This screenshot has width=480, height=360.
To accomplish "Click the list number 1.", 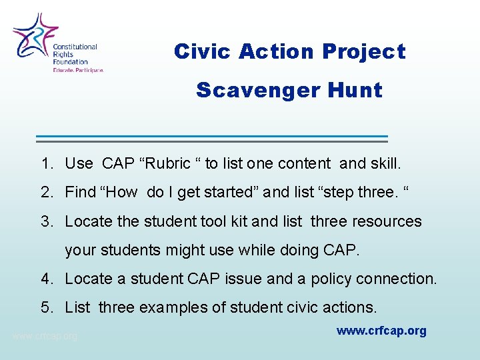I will pyautogui.click(x=45, y=163).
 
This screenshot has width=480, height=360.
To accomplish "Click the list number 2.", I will pyautogui.click(x=45, y=192).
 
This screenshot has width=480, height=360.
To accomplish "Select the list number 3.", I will pyautogui.click(x=45, y=221).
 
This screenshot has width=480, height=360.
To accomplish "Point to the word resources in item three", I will pyautogui.click(x=388, y=221).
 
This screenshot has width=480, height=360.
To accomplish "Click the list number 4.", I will pyautogui.click(x=45, y=279).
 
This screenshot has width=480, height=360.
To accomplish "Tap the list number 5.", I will pyautogui.click(x=45, y=307).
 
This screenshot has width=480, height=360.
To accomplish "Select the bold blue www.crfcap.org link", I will pyautogui.click(x=381, y=331).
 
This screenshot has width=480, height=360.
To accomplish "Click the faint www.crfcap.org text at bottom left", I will pyautogui.click(x=45, y=336).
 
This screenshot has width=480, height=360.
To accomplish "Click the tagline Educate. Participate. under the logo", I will pyautogui.click(x=79, y=69).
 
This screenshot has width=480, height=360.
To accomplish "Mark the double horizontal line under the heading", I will pyautogui.click(x=211, y=138).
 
